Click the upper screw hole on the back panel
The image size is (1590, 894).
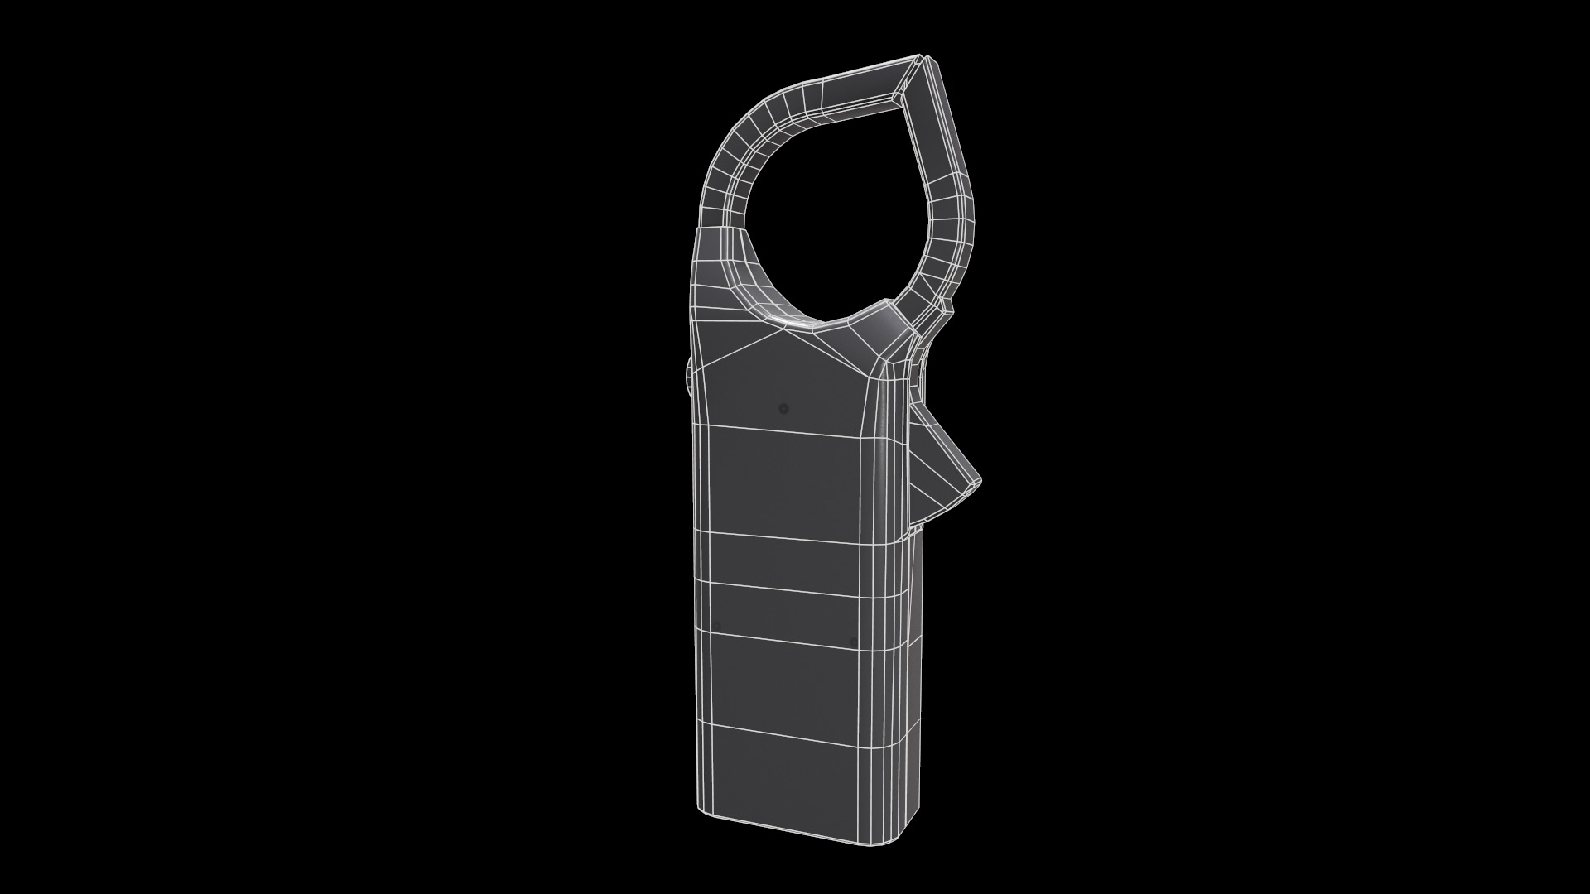(784, 408)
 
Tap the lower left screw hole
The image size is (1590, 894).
(717, 626)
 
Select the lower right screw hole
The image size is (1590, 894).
(854, 642)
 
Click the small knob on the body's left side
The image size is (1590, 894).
(687, 375)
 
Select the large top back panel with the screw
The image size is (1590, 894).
(783, 389)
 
